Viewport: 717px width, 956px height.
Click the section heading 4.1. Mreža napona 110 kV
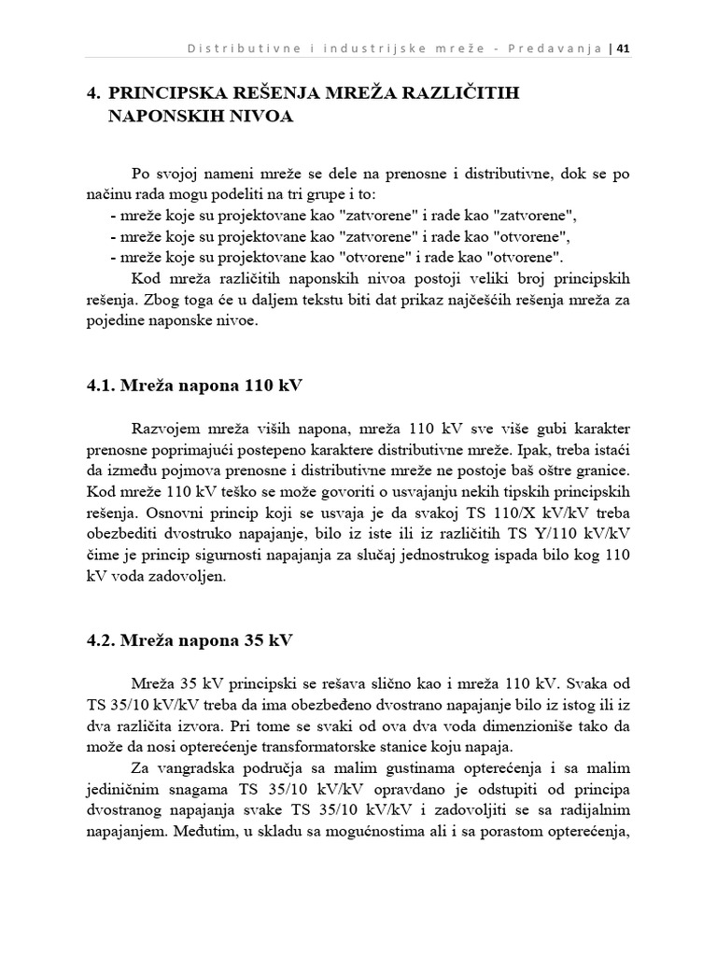[x=197, y=386]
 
